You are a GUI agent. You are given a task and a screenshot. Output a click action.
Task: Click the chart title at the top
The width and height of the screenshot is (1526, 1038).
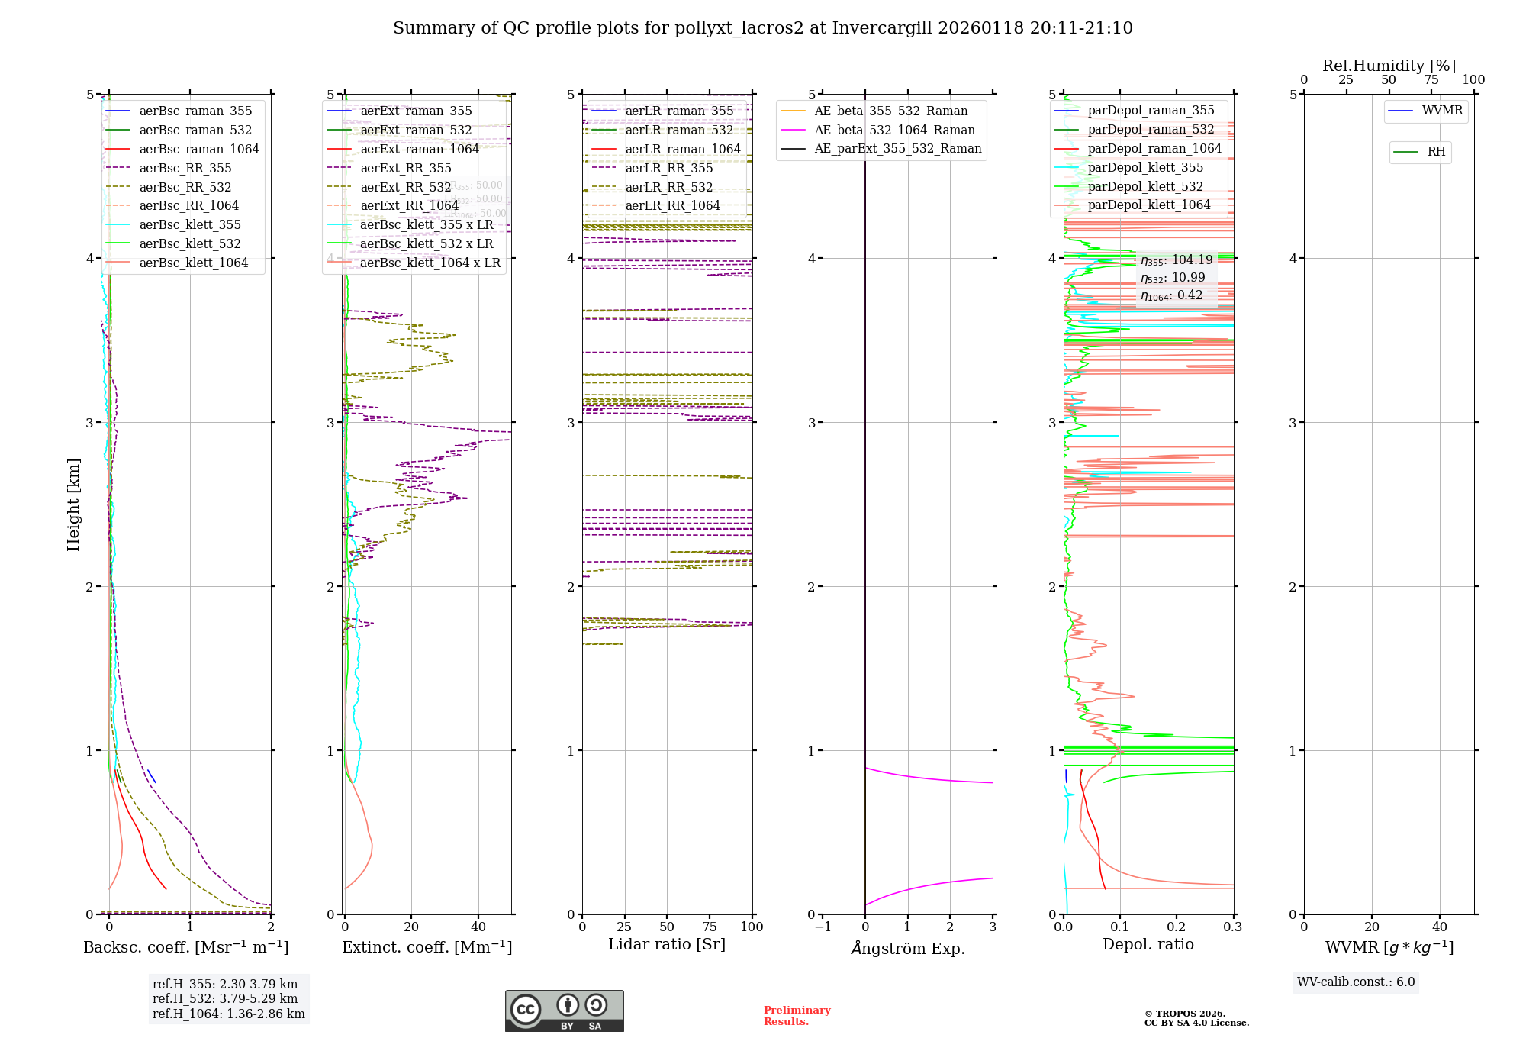pos(762,28)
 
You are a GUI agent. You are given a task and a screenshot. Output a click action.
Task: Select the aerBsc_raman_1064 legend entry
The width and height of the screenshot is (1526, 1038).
pos(198,149)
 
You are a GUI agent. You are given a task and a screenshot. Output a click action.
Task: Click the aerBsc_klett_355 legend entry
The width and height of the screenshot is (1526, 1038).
pos(189,224)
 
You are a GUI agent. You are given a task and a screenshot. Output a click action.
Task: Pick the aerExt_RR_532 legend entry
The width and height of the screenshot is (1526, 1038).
pos(405,187)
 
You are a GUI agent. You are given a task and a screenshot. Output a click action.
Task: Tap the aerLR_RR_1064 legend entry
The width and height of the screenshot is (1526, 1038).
pos(672,205)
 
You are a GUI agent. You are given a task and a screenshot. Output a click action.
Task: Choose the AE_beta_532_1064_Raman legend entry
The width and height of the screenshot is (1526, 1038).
pos(894,130)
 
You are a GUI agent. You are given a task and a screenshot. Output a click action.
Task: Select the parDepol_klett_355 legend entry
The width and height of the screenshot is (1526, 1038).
pos(1144,167)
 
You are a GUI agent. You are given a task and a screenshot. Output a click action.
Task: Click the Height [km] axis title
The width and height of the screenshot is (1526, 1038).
pos(73,504)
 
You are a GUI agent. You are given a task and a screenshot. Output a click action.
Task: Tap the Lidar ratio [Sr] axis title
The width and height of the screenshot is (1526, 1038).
pos(666,944)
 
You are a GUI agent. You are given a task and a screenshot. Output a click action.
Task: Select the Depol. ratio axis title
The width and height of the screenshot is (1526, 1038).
pos(1148,944)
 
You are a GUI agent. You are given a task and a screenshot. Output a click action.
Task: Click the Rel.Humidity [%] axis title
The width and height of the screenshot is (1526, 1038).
pos(1389,66)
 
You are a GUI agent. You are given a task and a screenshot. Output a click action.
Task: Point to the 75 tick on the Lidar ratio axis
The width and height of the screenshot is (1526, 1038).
pos(710,927)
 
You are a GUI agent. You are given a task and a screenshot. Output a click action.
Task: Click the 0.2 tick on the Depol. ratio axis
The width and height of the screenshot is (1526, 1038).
pos(1177,927)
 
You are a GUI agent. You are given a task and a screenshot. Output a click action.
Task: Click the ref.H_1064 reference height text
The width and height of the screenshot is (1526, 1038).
pos(228,1014)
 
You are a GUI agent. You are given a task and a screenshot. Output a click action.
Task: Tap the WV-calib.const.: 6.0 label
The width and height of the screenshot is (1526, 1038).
pos(1355,982)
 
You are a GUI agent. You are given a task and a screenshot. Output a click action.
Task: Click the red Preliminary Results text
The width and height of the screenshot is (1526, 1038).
pos(797,1015)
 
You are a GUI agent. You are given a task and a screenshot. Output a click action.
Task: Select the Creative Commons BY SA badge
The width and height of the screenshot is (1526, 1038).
pos(564,1011)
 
